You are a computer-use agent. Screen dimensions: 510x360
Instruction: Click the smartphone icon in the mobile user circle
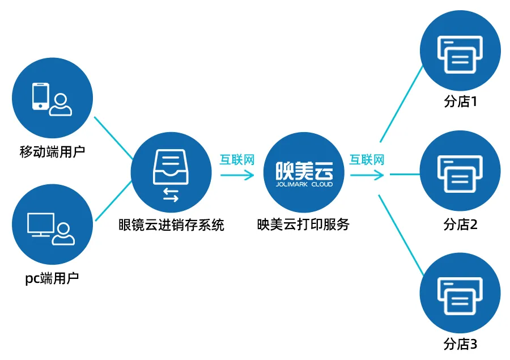point(40,96)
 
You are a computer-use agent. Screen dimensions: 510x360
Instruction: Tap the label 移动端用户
point(52,152)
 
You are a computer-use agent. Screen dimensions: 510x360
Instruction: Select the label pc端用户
point(52,278)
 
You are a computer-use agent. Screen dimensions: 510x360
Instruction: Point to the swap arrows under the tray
point(171,195)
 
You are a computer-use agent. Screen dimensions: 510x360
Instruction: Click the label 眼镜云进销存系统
point(171,225)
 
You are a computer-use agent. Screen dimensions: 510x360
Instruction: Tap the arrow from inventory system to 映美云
point(237,175)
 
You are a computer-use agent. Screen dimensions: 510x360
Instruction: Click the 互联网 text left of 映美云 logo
point(237,160)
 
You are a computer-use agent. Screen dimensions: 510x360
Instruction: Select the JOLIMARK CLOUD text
point(304,184)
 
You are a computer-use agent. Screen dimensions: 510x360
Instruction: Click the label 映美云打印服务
point(303,225)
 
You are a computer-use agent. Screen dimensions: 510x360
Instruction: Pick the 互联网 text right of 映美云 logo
point(367,160)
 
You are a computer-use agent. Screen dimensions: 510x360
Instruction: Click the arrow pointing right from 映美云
point(367,175)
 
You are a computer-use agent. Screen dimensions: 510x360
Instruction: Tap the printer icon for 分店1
point(460,54)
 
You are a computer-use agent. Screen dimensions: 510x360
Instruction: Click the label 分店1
point(461,101)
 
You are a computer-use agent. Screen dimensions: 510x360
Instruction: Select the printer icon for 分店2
point(460,174)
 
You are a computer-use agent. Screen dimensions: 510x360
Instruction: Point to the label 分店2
point(461,225)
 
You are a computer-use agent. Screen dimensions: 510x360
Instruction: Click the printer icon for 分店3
point(460,296)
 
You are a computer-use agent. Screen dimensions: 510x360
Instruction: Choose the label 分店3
point(461,344)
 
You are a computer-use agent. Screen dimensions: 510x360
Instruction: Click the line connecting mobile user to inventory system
point(113,138)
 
